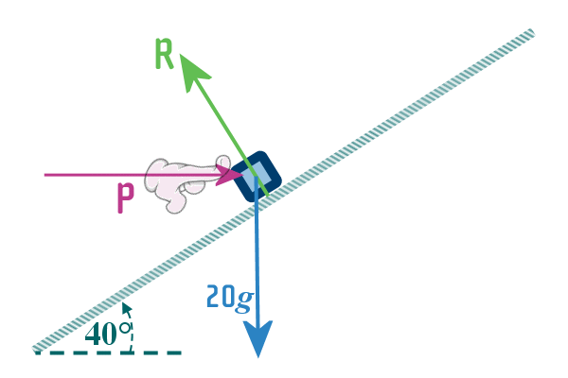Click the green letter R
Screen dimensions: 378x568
pyautogui.click(x=164, y=55)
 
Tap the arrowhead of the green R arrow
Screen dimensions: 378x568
pyautogui.click(x=188, y=65)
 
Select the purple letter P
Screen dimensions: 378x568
pyautogui.click(x=125, y=198)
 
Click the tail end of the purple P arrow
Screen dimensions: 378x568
pyautogui.click(x=47, y=175)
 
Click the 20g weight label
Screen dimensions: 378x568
pyautogui.click(x=229, y=299)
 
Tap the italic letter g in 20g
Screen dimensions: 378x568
pyautogui.click(x=245, y=301)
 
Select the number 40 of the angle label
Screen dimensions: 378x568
pyautogui.click(x=100, y=334)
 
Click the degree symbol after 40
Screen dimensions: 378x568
pyautogui.click(x=123, y=328)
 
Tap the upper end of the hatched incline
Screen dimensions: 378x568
pyautogui.click(x=530, y=34)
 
